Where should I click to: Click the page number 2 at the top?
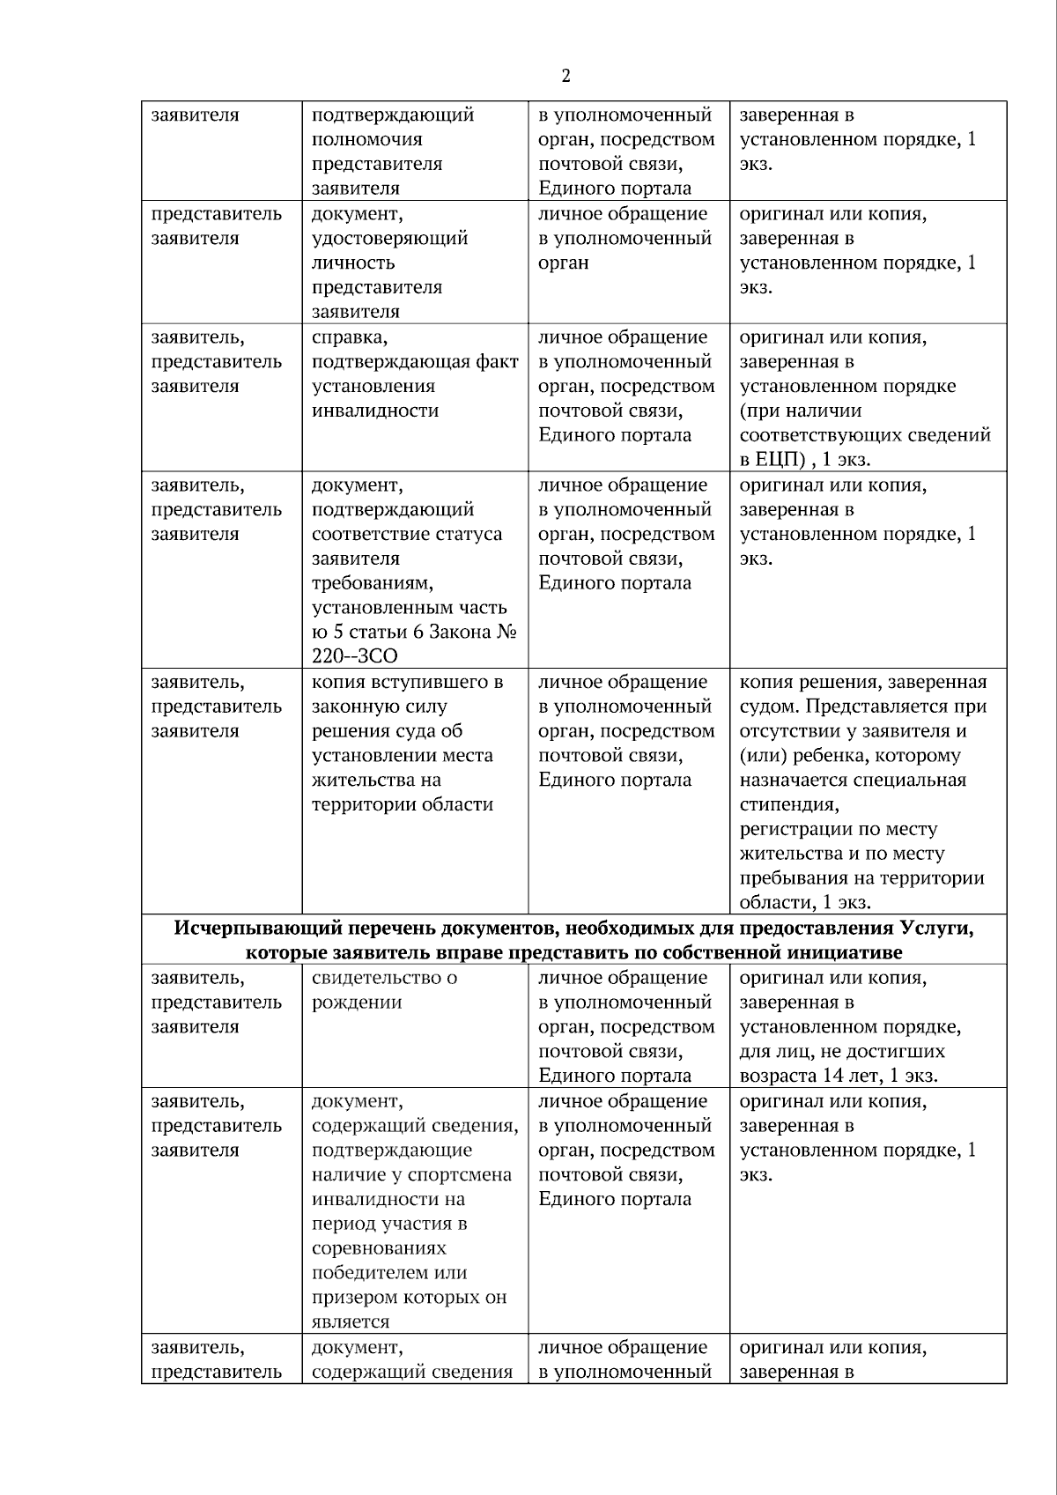click(565, 76)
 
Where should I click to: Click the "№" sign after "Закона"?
click(506, 633)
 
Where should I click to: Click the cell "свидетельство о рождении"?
click(385, 990)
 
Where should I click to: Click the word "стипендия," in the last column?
click(789, 804)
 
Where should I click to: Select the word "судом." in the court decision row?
click(769, 707)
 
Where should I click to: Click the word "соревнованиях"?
click(379, 1248)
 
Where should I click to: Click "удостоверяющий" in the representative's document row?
click(390, 238)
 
